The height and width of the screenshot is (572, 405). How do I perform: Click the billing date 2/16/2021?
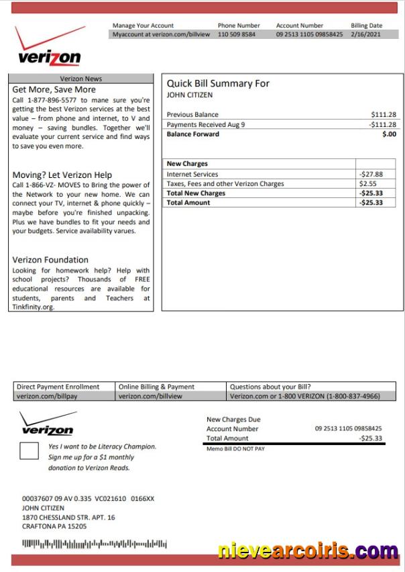point(366,34)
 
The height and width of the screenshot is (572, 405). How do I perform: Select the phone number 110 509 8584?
point(236,34)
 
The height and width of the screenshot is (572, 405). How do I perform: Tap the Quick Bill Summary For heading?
point(218,83)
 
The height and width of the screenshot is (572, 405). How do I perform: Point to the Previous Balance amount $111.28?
point(383,115)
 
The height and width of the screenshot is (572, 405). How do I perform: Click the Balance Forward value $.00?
point(389,134)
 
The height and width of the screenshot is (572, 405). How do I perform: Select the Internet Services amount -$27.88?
point(371,174)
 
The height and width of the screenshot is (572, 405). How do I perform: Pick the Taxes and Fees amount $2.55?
point(367,183)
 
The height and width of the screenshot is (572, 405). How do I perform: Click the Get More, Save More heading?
point(54,89)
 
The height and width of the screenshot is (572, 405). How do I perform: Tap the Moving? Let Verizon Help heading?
point(62,175)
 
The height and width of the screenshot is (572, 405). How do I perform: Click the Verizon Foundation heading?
point(50,260)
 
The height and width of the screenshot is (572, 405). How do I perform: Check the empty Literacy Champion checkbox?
point(29,451)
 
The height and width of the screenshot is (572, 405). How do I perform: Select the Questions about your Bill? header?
point(270,387)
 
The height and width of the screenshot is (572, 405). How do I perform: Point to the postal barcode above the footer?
point(94,543)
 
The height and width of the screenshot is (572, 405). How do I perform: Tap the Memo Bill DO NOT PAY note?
point(235,448)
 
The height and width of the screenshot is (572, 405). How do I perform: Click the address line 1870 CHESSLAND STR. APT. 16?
point(68,518)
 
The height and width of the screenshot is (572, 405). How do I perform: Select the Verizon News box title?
point(81,79)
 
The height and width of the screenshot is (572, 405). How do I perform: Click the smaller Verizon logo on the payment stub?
point(47,425)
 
